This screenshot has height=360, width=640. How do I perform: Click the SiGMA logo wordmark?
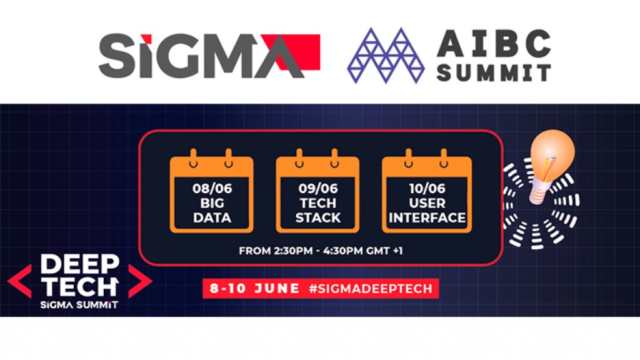pyautogui.click(x=209, y=56)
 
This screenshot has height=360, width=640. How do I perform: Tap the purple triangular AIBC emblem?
pyautogui.click(x=386, y=56)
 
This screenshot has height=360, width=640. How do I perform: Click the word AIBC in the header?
pyautogui.click(x=494, y=43)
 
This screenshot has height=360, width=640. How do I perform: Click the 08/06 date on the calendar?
pyautogui.click(x=212, y=188)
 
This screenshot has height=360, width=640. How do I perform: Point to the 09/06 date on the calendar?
pyautogui.click(x=318, y=188)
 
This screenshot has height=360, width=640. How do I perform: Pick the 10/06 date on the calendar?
pyautogui.click(x=427, y=188)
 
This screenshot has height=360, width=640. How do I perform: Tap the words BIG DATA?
pyautogui.click(x=212, y=210)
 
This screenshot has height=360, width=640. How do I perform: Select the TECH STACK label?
pyautogui.click(x=318, y=210)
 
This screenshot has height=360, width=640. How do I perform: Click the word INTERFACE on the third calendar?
pyautogui.click(x=427, y=217)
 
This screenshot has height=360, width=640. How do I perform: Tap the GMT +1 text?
pyautogui.click(x=384, y=251)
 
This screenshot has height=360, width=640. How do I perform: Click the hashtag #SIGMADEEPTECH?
pyautogui.click(x=371, y=289)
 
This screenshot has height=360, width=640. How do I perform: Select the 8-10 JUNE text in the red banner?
pyautogui.click(x=255, y=289)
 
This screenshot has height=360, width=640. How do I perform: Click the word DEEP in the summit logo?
pyautogui.click(x=79, y=264)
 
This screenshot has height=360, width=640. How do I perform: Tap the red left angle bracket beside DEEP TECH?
pyautogui.click(x=19, y=281)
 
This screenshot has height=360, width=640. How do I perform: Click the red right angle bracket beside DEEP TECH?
pyautogui.click(x=140, y=281)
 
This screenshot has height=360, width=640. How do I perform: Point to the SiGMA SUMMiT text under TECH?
pyautogui.click(x=79, y=304)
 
